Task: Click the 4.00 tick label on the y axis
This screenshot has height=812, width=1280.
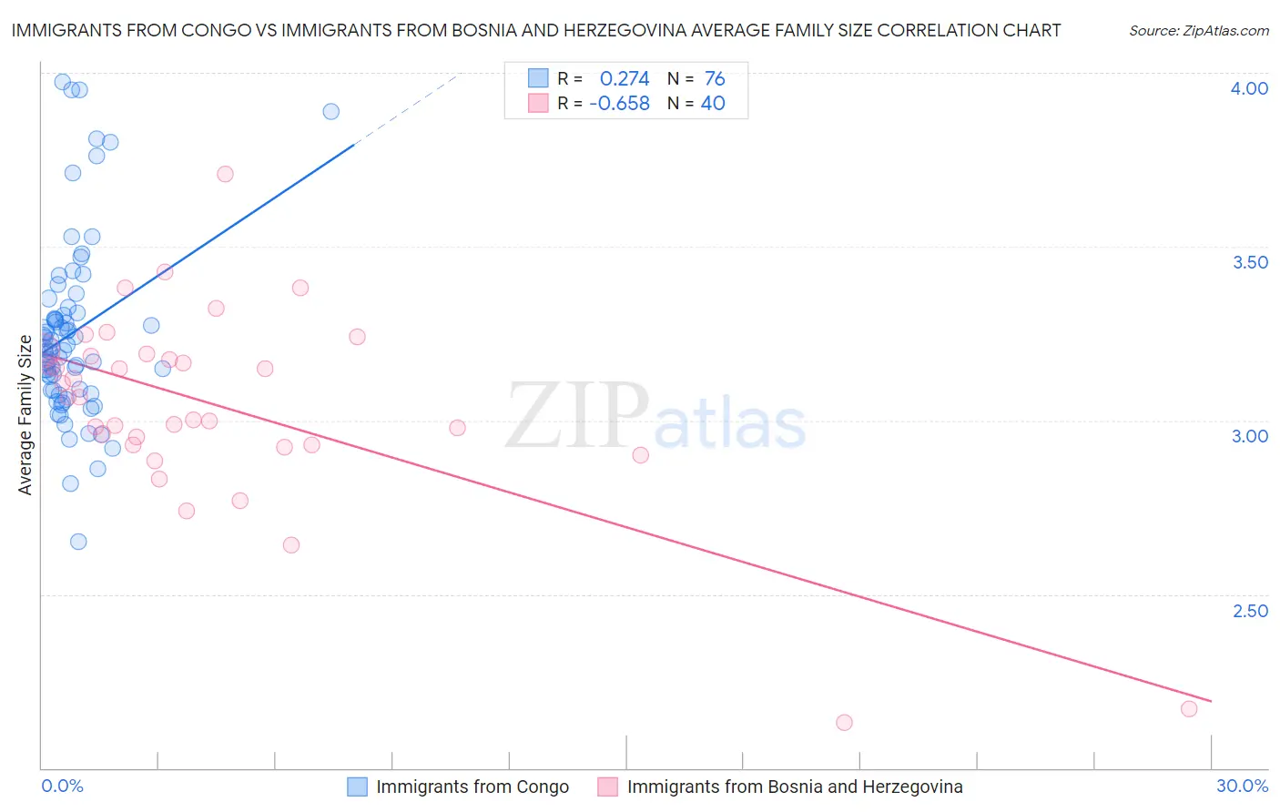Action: [x=1249, y=88]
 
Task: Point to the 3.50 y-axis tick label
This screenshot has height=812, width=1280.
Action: [x=1250, y=262]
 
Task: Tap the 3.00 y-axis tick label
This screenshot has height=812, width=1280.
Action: [x=1250, y=436]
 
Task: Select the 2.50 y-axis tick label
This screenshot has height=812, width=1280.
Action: [x=1250, y=611]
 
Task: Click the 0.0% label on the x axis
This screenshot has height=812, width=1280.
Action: [x=62, y=786]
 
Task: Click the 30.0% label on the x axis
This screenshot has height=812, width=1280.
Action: [x=1242, y=786]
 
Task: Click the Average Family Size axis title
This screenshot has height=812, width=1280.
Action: [x=25, y=415]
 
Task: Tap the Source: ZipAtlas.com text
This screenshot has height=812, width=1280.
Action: [x=1198, y=30]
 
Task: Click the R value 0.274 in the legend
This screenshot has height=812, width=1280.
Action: [x=625, y=78]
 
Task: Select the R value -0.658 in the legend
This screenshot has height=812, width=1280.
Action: [x=619, y=104]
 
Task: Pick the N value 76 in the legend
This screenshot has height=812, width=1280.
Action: [x=715, y=78]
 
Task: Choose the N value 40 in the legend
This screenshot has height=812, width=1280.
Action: [x=713, y=104]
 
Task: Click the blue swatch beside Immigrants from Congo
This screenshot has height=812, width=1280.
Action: [x=358, y=787]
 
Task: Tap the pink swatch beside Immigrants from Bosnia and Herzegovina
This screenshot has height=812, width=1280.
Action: [x=607, y=787]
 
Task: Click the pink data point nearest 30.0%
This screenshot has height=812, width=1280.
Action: [x=1189, y=709]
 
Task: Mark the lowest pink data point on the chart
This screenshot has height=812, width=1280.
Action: [x=844, y=723]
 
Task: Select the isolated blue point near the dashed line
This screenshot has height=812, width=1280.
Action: [x=331, y=111]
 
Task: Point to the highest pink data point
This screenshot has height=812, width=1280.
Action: [x=225, y=174]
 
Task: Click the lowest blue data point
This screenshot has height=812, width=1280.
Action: [x=78, y=542]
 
